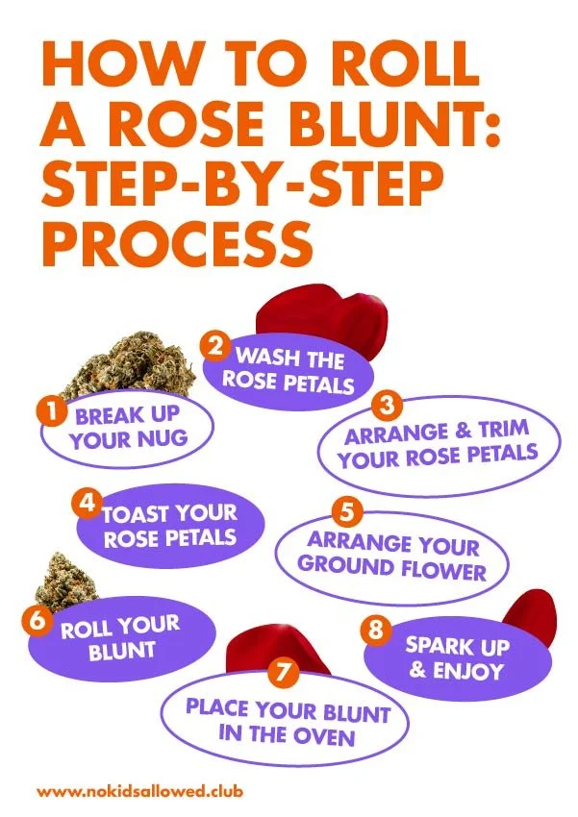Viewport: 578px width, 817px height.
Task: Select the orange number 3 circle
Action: (388, 406)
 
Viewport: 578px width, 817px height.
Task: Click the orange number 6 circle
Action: (37, 620)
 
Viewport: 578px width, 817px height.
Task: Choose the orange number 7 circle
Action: (282, 674)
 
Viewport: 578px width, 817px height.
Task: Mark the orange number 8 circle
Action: (376, 631)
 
